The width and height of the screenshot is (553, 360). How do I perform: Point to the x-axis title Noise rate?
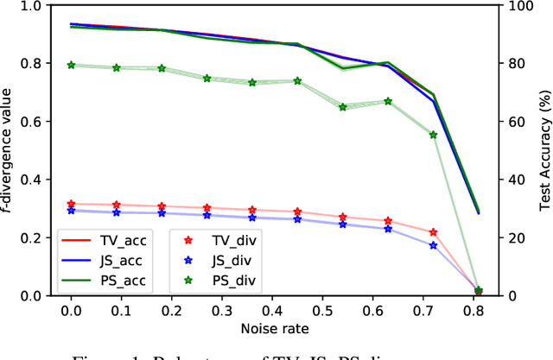275,330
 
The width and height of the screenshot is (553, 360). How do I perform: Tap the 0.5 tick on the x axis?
324,308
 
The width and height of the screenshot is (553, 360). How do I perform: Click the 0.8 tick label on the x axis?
476,308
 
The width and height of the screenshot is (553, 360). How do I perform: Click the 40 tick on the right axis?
514,179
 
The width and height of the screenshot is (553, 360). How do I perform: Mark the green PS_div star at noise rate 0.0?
71,65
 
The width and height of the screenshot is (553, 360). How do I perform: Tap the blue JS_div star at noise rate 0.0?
71,210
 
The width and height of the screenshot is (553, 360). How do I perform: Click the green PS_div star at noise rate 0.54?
343,107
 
